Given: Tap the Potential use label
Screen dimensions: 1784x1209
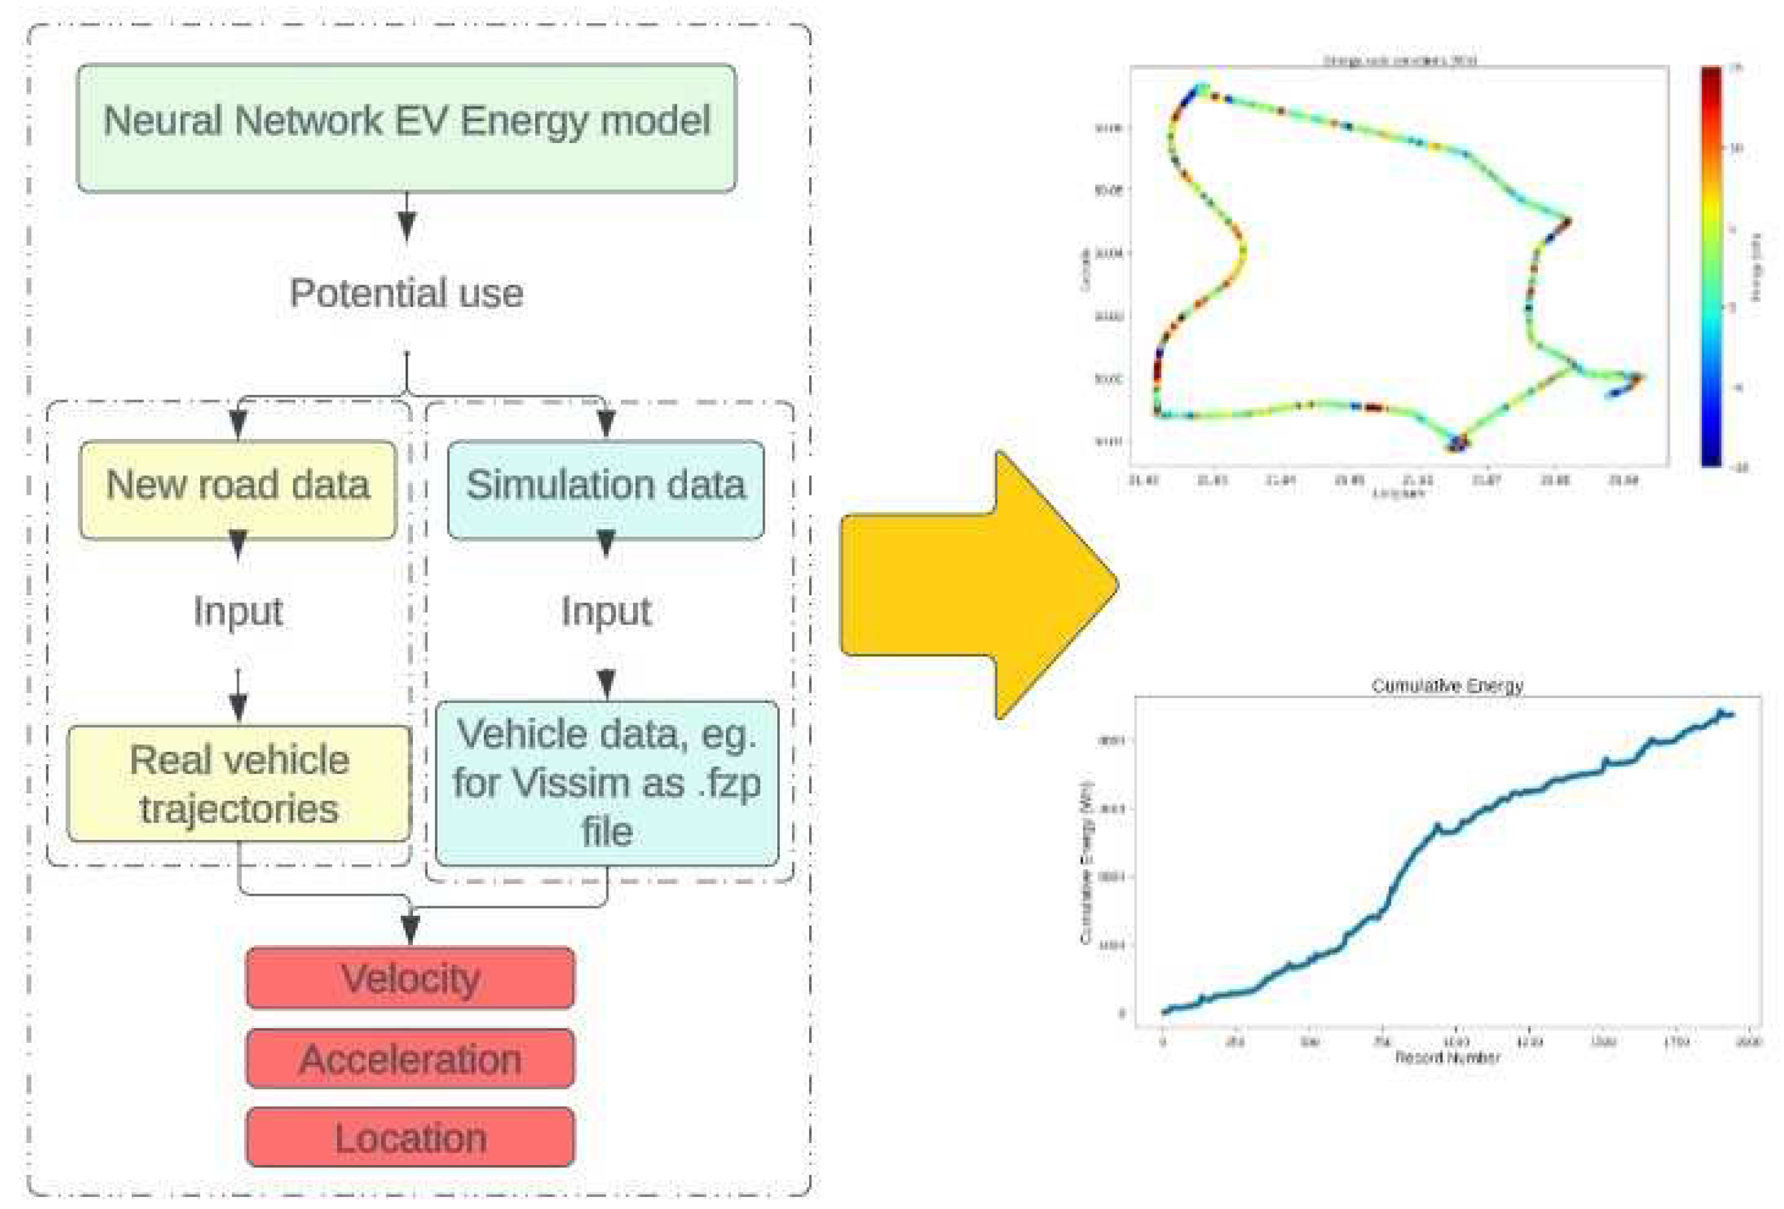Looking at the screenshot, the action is [x=406, y=293].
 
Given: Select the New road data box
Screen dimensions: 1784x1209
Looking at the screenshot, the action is [x=238, y=488].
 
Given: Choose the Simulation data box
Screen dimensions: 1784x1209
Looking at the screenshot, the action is [x=606, y=488].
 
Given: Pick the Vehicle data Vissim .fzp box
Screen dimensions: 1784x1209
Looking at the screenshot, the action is [x=606, y=783].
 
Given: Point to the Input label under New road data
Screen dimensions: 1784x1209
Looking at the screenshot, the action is [x=238, y=612].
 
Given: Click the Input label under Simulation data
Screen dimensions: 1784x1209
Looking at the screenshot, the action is [x=606, y=612].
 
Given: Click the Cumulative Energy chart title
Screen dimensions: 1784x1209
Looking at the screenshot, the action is [x=1446, y=686].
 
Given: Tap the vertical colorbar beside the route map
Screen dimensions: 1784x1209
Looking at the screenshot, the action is [x=1710, y=265].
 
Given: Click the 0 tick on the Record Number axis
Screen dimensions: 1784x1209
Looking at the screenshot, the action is [x=1163, y=1041].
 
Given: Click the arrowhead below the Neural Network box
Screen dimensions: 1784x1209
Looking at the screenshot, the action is [x=407, y=225].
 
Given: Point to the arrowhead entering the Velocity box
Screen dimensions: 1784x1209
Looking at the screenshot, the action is [x=411, y=930].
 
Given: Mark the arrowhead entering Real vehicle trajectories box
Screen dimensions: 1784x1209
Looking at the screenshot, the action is [x=239, y=707].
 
